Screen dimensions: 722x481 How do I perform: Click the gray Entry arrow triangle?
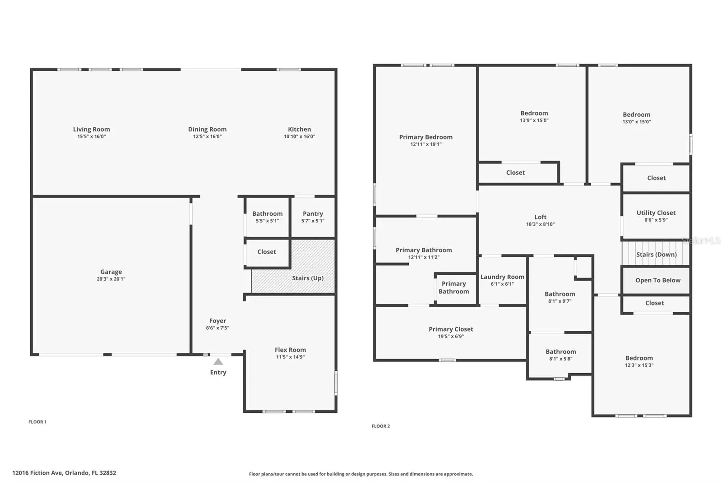pos(218,361)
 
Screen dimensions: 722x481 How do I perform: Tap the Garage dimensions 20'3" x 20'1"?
pos(111,279)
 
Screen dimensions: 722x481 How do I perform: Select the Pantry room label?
pos(313,213)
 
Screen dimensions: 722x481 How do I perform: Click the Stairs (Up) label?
pos(308,278)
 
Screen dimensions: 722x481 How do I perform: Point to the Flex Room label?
pos(290,350)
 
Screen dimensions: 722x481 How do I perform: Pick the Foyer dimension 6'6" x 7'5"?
pos(218,328)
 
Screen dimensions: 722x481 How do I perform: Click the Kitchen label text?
pos(300,129)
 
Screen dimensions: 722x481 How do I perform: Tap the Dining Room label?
pos(207,129)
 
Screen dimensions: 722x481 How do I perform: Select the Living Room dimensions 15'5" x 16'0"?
pos(92,136)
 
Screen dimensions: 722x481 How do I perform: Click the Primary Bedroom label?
pos(426,137)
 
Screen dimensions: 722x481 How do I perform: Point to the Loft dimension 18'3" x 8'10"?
pos(541,224)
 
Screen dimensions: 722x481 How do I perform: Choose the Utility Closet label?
pos(656,213)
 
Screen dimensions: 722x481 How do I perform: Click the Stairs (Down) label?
pos(656,254)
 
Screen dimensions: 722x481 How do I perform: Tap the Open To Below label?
pos(658,281)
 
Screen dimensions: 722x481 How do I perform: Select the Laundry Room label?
pos(502,277)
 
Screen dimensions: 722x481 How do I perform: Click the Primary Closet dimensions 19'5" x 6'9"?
pos(451,336)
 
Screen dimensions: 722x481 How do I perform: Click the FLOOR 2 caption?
pos(381,426)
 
